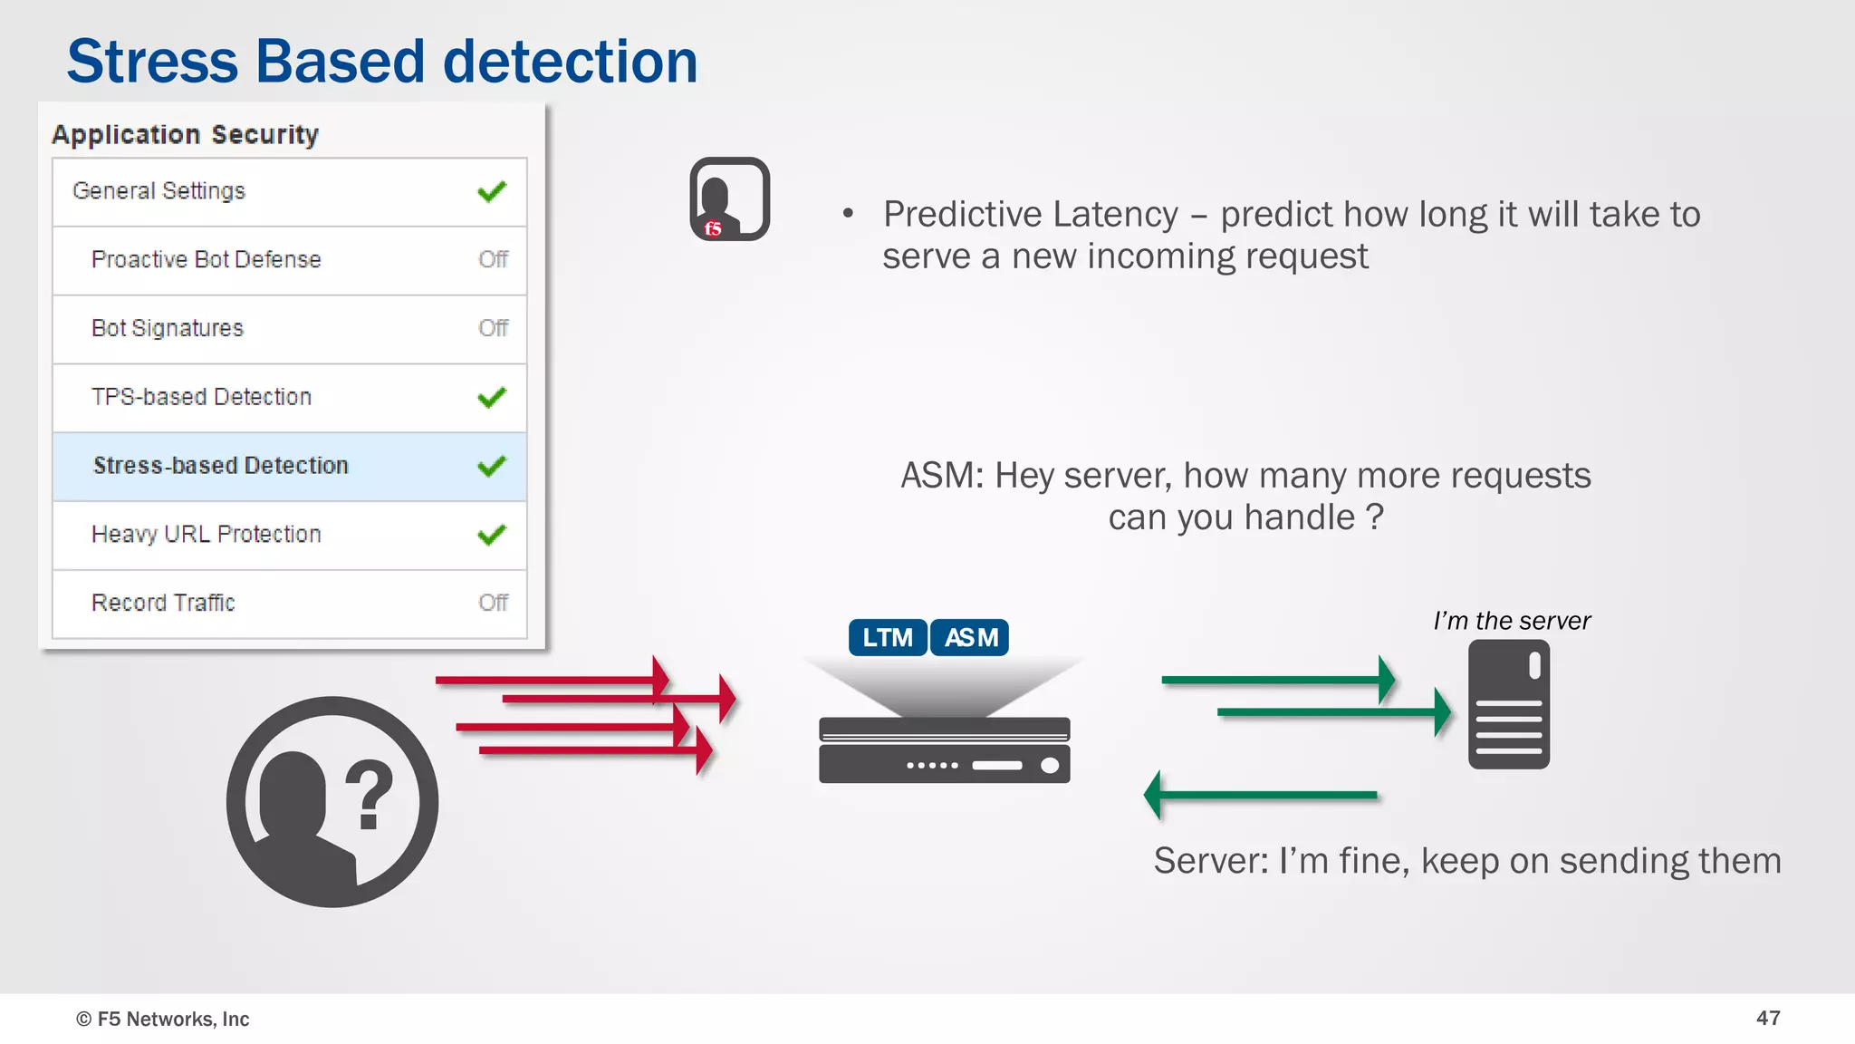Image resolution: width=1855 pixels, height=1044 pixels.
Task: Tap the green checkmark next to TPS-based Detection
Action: coord(492,397)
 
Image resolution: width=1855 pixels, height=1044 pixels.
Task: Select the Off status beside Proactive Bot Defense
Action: coord(493,260)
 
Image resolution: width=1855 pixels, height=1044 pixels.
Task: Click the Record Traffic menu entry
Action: coord(163,603)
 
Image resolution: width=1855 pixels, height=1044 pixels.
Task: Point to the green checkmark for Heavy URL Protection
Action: coord(492,535)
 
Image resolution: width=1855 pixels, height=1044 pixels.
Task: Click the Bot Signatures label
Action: coord(168,328)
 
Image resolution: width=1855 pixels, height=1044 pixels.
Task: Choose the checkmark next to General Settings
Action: coord(492,191)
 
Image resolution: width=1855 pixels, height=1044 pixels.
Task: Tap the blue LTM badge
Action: coord(888,638)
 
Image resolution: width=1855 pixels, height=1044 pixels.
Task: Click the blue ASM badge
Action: coord(970,638)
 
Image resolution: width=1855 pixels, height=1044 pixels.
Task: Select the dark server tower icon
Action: coord(1508,704)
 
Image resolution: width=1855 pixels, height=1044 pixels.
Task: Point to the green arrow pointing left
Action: coord(1259,795)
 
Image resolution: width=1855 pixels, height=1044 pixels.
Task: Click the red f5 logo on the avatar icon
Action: coord(713,228)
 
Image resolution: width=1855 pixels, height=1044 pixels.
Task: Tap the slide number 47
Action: coord(1767,1018)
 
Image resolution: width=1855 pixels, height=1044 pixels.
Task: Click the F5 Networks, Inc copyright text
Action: coord(163,1019)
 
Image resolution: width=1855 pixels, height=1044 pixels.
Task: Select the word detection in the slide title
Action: coord(570,62)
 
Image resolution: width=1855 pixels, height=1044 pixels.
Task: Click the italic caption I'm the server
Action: coord(1511,621)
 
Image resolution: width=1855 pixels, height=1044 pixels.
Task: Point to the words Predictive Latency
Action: coord(1030,215)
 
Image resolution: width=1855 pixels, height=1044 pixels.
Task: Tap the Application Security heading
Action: coord(185,135)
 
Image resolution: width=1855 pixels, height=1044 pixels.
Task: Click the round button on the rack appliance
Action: coord(1050,766)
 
